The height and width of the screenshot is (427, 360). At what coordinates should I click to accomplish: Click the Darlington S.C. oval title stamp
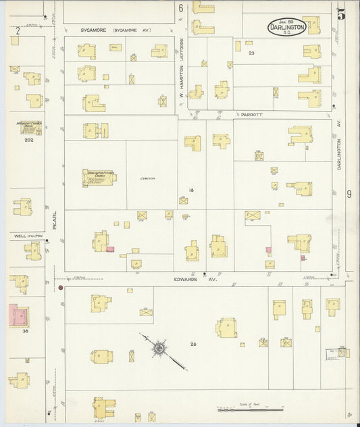[286, 27]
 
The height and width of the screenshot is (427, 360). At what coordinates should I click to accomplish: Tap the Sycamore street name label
[95, 30]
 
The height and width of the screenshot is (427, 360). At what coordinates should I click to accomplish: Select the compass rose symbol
[160, 349]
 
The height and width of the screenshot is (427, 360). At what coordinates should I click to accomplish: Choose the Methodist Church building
[30, 127]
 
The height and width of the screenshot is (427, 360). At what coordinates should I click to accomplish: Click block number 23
[251, 53]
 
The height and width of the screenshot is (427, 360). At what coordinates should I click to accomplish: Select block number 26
[193, 345]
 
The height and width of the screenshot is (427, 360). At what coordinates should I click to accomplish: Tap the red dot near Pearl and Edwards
[61, 288]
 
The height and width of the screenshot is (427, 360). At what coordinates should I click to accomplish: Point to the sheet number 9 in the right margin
[349, 195]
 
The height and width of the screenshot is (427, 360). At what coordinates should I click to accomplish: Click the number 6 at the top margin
[181, 8]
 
